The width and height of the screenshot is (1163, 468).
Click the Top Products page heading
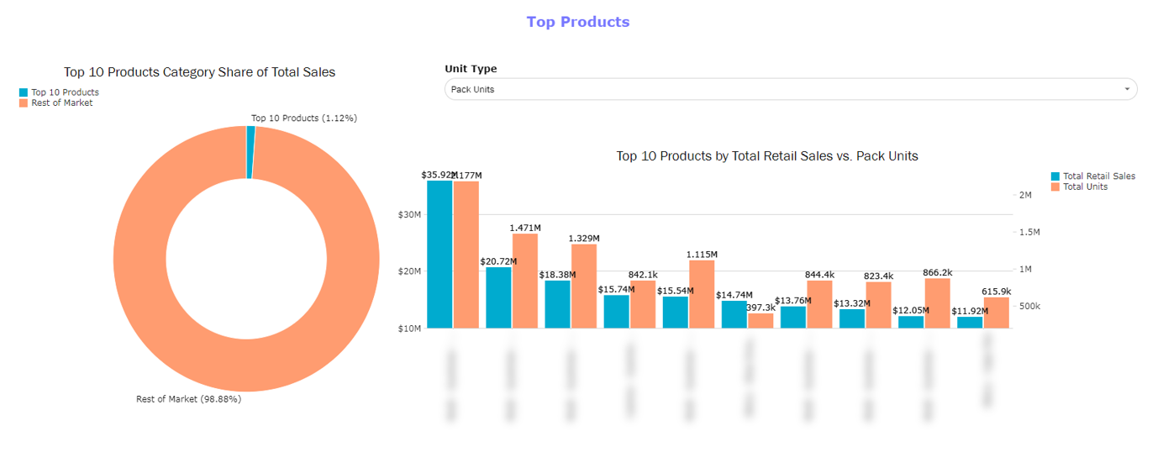click(x=577, y=22)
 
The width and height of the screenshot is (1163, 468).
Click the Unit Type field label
click(x=471, y=69)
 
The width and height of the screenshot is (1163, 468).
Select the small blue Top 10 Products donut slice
click(x=250, y=152)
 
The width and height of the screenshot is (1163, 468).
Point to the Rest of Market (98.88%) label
click(x=188, y=399)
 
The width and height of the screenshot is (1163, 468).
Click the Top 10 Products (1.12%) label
click(x=303, y=118)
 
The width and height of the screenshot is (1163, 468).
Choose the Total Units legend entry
click(x=1085, y=187)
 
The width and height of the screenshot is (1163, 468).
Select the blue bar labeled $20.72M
click(x=498, y=297)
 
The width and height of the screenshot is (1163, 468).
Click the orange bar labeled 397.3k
click(x=760, y=320)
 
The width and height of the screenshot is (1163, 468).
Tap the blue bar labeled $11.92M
click(x=970, y=322)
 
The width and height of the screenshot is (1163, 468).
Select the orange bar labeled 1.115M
click(x=702, y=294)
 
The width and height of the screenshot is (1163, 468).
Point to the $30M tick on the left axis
click(x=410, y=214)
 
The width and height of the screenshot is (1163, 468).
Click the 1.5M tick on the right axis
click(x=1029, y=232)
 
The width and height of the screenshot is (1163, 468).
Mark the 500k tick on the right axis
click(x=1029, y=307)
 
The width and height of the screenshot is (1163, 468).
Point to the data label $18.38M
click(x=558, y=275)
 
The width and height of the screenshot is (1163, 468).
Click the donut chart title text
click(x=199, y=72)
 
